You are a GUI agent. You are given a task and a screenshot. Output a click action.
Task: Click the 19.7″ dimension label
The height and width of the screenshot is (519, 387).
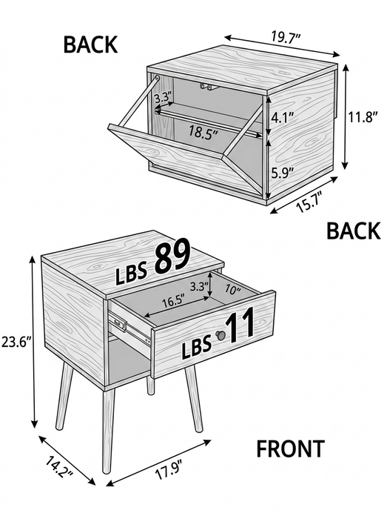click(286, 37)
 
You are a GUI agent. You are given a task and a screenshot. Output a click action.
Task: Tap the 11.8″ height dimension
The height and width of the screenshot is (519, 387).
click(363, 117)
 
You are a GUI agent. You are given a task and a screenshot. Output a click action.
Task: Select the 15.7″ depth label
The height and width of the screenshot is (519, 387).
click(310, 202)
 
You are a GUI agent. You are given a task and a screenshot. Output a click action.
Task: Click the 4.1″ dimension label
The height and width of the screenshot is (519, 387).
click(283, 117)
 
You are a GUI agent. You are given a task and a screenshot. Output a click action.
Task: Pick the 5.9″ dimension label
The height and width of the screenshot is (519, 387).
click(283, 173)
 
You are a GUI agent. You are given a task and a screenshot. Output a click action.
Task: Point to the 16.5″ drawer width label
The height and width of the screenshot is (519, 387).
click(173, 302)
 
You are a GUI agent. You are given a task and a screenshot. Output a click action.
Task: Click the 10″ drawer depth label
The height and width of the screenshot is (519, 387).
click(233, 290)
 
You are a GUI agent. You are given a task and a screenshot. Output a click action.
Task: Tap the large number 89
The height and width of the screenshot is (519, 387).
click(172, 257)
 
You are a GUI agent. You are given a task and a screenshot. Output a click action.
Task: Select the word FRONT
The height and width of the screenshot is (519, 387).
click(290, 449)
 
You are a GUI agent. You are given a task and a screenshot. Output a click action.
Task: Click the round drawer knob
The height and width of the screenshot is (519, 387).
click(220, 335)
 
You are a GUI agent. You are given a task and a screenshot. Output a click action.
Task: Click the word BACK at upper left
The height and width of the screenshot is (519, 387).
click(90, 44)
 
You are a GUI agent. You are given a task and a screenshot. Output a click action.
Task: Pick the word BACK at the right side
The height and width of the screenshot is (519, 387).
click(353, 231)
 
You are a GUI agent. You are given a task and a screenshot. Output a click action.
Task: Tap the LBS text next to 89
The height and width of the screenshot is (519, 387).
click(131, 275)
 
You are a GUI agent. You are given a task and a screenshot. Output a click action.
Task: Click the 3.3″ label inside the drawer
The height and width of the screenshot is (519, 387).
click(200, 287)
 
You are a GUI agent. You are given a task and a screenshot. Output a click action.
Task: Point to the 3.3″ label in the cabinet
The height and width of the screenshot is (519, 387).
click(164, 98)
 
